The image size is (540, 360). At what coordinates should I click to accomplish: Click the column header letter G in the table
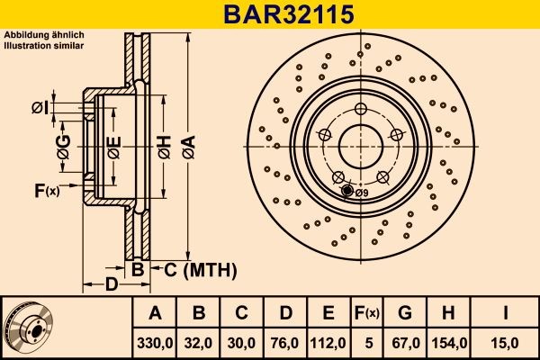click(x=404, y=313)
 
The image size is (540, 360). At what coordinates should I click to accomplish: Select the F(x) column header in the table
click(x=368, y=313)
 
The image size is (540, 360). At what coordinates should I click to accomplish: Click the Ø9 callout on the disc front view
click(x=361, y=193)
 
